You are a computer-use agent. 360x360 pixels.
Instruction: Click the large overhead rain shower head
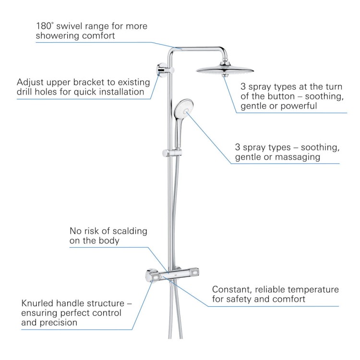coord(225,70)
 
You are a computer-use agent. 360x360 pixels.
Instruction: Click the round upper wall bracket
coord(162,70)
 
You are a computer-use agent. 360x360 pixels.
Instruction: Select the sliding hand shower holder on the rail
coord(172,153)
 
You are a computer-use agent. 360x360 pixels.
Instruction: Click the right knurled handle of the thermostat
coord(195,273)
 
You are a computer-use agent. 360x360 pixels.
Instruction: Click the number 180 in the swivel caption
coord(43,26)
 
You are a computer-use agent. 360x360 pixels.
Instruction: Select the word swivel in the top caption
coord(68,26)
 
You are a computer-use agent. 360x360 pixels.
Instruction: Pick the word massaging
coord(297,157)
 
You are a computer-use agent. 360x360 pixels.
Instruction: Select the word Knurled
coord(37,303)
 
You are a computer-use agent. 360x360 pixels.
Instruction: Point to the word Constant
coord(232,290)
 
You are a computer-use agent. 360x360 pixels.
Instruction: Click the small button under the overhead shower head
coord(225,75)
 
